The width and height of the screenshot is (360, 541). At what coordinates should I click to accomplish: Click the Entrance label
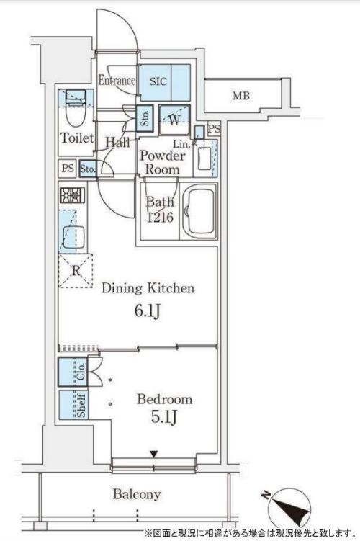(x=117, y=81)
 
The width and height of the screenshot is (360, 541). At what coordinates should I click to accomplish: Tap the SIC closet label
(x=158, y=81)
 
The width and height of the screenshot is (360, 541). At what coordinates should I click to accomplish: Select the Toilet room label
(x=76, y=138)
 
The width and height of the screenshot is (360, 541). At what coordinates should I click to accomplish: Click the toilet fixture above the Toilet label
(x=73, y=109)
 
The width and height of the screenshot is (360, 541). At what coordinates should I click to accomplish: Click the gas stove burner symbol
(x=72, y=195)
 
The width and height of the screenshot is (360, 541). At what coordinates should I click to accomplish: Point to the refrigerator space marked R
(x=74, y=271)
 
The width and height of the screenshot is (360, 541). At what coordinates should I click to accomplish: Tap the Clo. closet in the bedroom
(x=80, y=373)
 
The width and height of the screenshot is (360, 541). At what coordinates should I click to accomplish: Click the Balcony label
(x=136, y=494)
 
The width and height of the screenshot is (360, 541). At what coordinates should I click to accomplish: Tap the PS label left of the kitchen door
(x=67, y=169)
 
